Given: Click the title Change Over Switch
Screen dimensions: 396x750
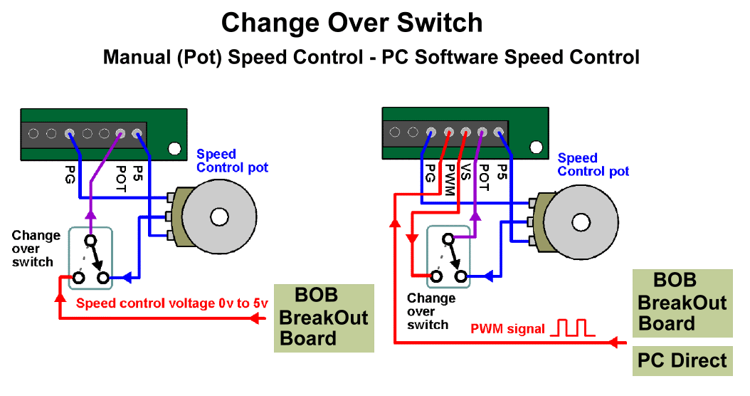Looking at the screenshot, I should point(352,23).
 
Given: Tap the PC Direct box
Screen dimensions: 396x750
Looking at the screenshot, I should point(682,360).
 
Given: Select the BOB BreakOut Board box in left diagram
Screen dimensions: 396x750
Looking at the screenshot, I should point(324,317).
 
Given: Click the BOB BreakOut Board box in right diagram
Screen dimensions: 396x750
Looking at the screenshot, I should point(682,303).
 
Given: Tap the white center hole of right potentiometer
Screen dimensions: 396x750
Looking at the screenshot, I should point(581,222).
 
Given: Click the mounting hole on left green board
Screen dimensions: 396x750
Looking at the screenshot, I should point(174,150).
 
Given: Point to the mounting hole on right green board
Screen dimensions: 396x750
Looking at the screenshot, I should point(535,149).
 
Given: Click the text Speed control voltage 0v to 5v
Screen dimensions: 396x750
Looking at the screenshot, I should point(172,303).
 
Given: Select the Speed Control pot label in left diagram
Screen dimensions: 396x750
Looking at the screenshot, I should point(232,161).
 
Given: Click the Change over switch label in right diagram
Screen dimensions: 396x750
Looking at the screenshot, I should point(431,311).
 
